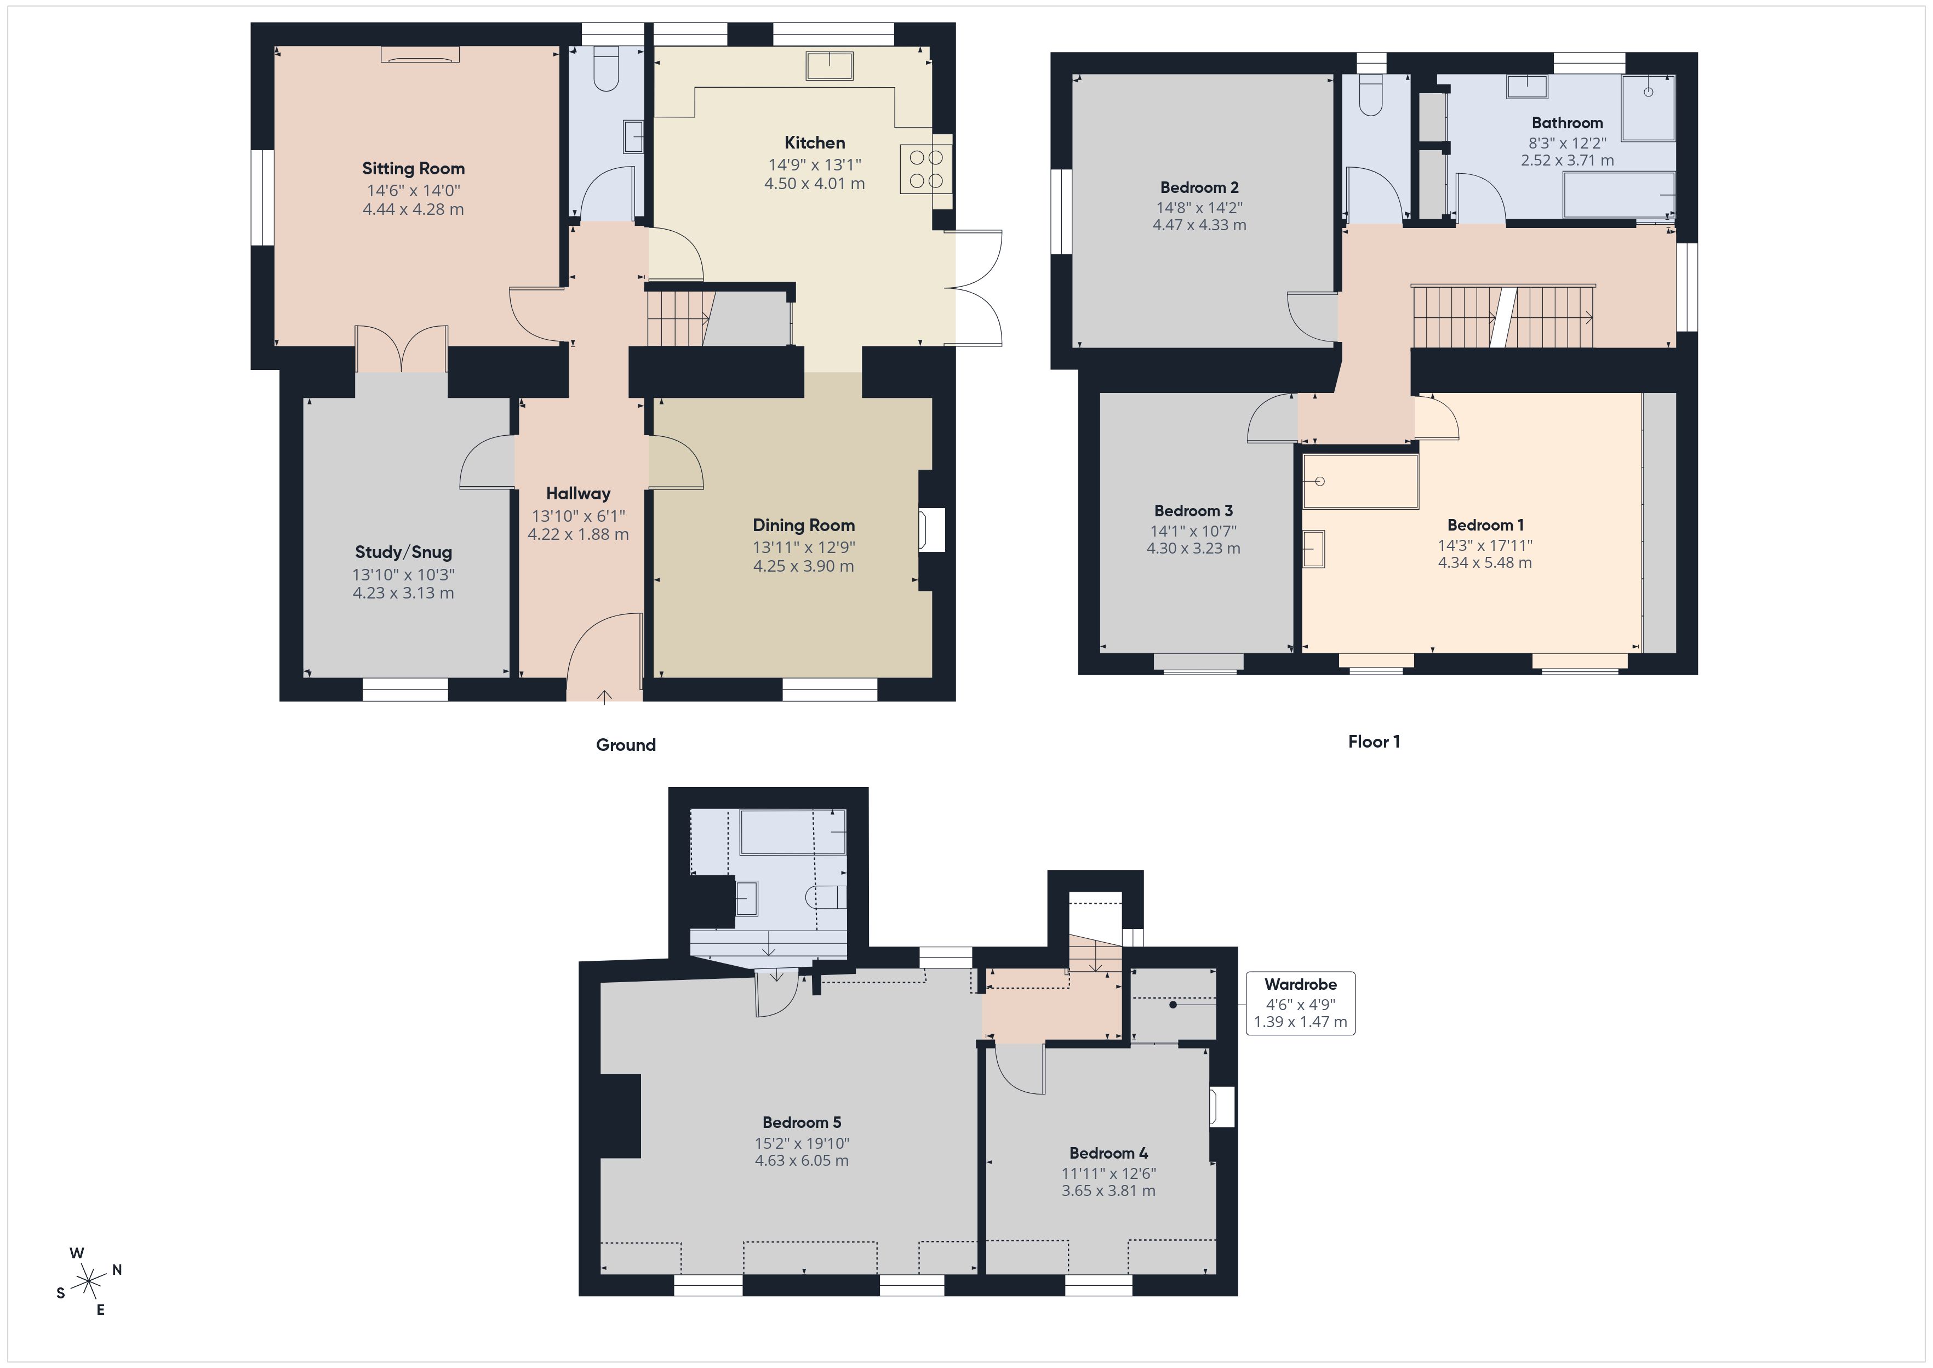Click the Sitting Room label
(413, 168)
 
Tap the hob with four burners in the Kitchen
(926, 169)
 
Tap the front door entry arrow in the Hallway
(604, 696)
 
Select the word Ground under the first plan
(626, 745)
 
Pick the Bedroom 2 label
(1199, 187)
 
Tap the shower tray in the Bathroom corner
(1648, 107)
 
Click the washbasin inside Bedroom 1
(1313, 549)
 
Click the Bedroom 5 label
(802, 1122)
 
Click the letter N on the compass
(117, 1269)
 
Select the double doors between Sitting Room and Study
(401, 349)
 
